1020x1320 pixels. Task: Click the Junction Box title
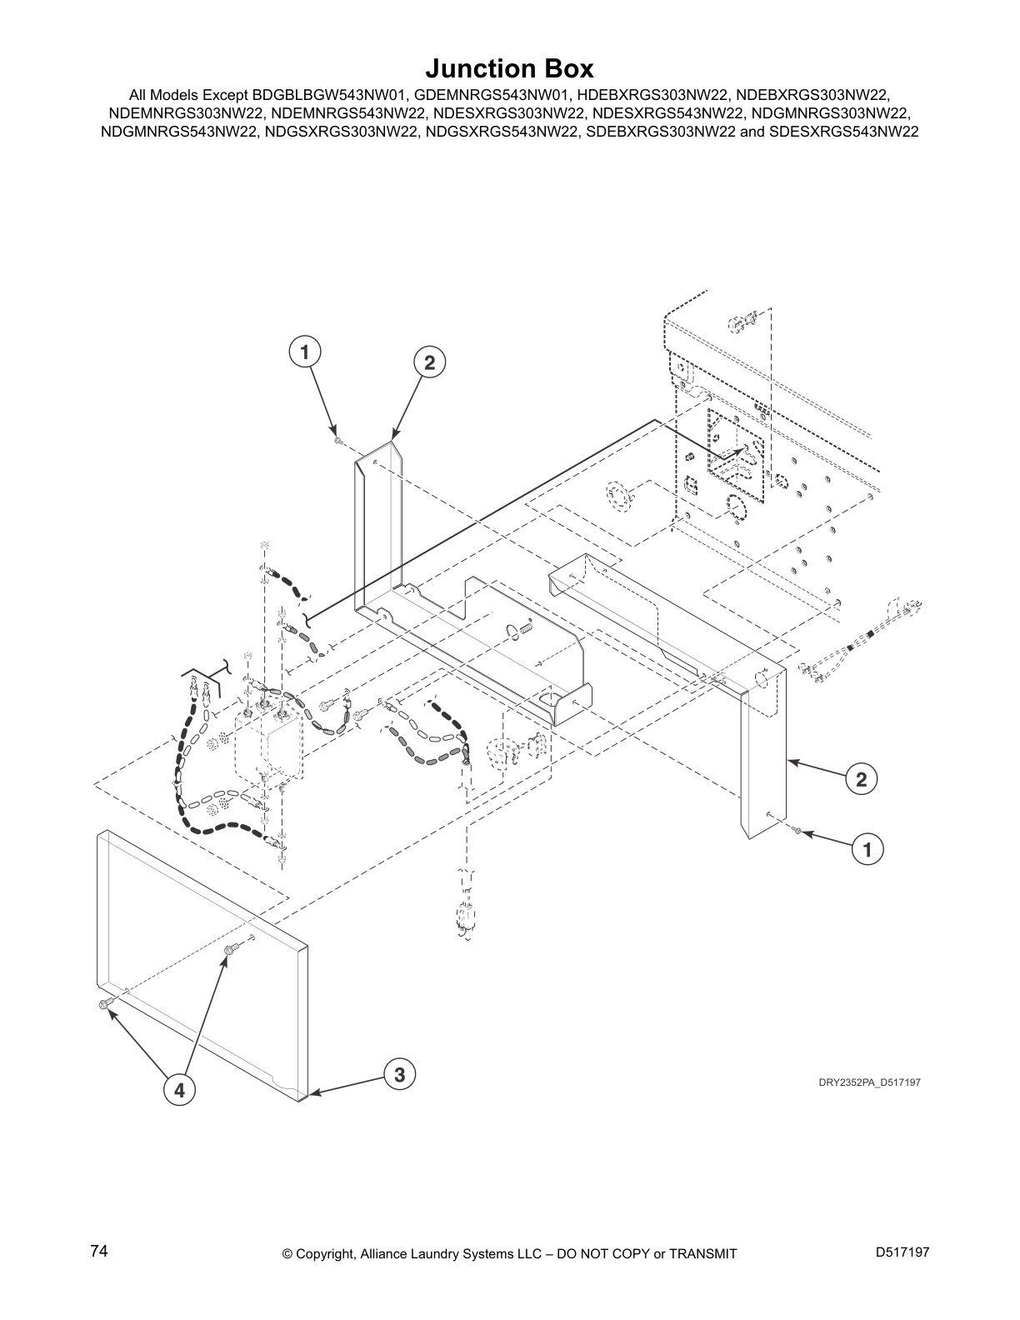(509, 67)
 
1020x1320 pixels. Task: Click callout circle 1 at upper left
(305, 352)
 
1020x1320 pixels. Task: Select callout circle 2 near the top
(429, 362)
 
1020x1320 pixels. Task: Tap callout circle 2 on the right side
(861, 779)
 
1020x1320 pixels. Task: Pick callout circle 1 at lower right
(867, 850)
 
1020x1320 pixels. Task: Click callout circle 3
(400, 1075)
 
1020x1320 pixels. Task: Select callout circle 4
(179, 1088)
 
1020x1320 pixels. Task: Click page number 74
(99, 1251)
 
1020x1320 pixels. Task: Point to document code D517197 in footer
(902, 1252)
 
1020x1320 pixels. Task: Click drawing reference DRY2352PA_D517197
(869, 1082)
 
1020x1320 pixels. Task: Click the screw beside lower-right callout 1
(797, 831)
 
